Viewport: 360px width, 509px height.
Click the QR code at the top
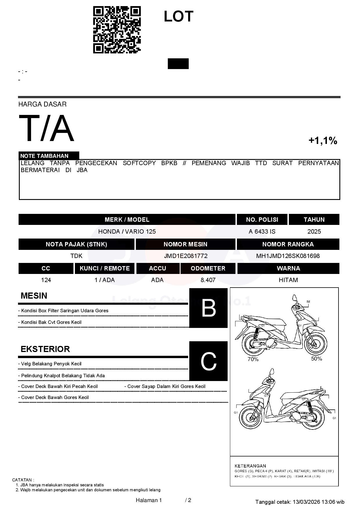[117, 30]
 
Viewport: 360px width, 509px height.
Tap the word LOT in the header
[178, 17]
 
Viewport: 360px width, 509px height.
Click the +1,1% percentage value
[323, 141]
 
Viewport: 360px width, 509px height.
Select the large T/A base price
[46, 128]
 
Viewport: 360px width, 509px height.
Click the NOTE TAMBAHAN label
[44, 156]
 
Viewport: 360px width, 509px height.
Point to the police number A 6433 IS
[262, 232]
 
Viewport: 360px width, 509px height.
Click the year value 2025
[314, 232]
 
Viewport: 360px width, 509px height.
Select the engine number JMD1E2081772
[186, 256]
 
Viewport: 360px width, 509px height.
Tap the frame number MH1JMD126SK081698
[288, 256]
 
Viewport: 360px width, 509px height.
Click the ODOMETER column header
[208, 268]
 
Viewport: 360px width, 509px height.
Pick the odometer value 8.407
[208, 280]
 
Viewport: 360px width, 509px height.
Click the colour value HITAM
[288, 280]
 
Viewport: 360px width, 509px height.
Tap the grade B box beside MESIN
[208, 308]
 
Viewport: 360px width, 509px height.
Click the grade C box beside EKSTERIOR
[208, 361]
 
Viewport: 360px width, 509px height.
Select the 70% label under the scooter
[253, 359]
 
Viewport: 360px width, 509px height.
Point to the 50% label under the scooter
[316, 359]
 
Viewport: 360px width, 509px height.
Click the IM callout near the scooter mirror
[308, 302]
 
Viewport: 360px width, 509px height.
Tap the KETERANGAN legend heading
[250, 466]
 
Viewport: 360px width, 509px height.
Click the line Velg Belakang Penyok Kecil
[51, 364]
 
